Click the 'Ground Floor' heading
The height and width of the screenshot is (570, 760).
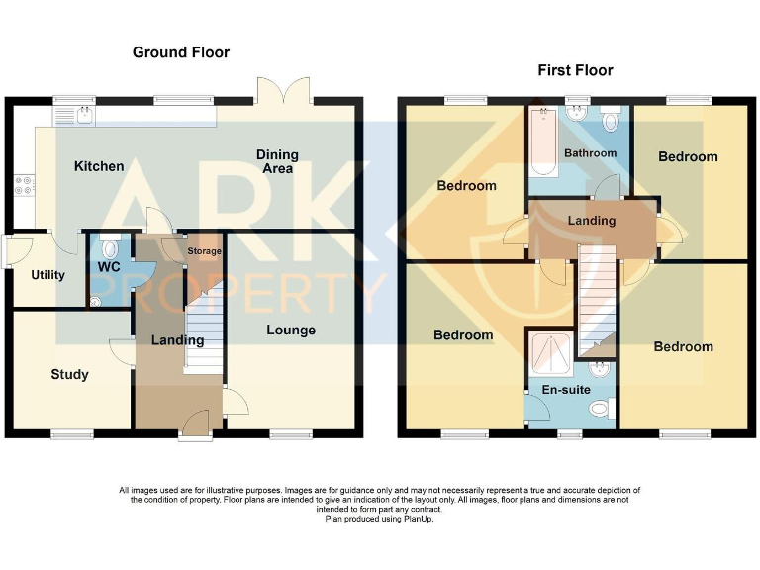(181, 52)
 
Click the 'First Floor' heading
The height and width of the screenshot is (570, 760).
(575, 70)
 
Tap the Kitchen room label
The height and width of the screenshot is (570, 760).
(99, 166)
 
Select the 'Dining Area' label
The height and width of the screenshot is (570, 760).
(277, 161)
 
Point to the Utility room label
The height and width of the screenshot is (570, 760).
(47, 275)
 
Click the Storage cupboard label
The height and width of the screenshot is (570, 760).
(205, 251)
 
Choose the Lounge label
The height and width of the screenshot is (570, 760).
(291, 331)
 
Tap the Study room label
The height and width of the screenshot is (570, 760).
(69, 374)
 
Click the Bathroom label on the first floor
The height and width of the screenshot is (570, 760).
(591, 153)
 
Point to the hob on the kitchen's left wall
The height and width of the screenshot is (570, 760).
(22, 187)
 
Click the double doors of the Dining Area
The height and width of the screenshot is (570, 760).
(284, 92)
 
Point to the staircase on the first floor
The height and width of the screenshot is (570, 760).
(597, 303)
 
